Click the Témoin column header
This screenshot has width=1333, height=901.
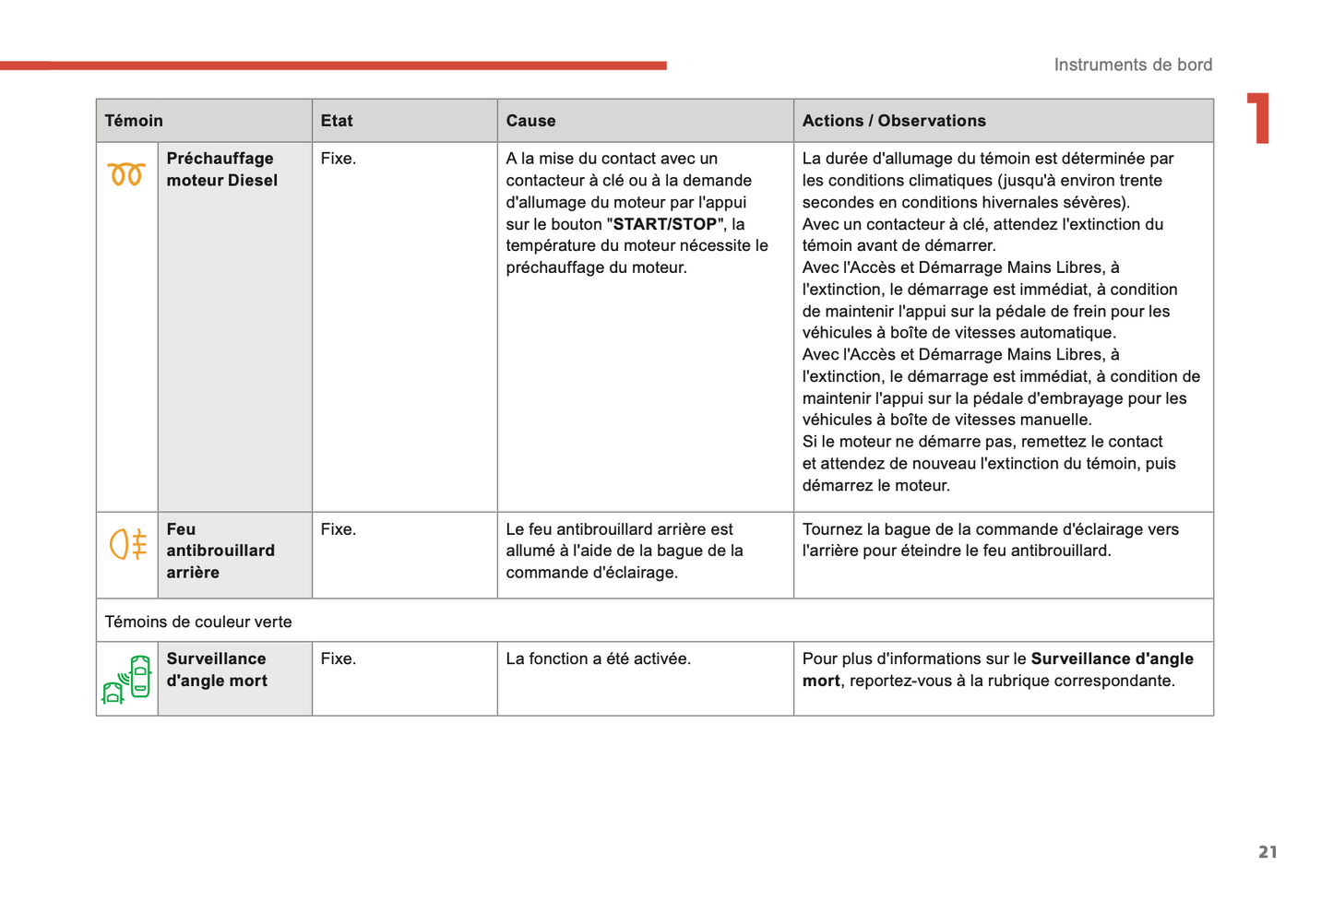tap(134, 121)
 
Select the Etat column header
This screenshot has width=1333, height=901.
tap(337, 121)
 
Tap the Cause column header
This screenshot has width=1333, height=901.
tap(530, 121)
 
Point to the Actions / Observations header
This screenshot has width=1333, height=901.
tap(893, 121)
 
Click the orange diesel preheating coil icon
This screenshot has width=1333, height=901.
tap(126, 173)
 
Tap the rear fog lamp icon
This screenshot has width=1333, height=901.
tap(128, 544)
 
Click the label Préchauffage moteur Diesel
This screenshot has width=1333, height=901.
tap(221, 170)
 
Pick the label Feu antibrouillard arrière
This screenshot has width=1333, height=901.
tap(220, 551)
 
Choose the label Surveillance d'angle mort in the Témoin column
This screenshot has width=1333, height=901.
tap(217, 670)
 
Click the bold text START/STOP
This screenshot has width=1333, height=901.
tap(664, 224)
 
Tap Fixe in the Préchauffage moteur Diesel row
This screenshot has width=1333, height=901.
tap(338, 159)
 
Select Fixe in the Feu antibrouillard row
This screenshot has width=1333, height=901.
tap(338, 529)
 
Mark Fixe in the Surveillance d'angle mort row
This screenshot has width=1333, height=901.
tap(338, 658)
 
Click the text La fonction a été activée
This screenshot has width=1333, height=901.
tap(598, 658)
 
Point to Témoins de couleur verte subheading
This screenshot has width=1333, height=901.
tap(198, 622)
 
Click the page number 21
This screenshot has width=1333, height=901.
tap(1268, 852)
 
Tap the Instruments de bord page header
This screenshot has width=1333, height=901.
tap(1133, 65)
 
